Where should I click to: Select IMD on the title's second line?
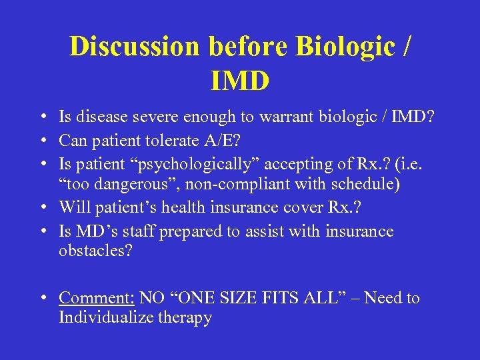pyautogui.click(x=240, y=81)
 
